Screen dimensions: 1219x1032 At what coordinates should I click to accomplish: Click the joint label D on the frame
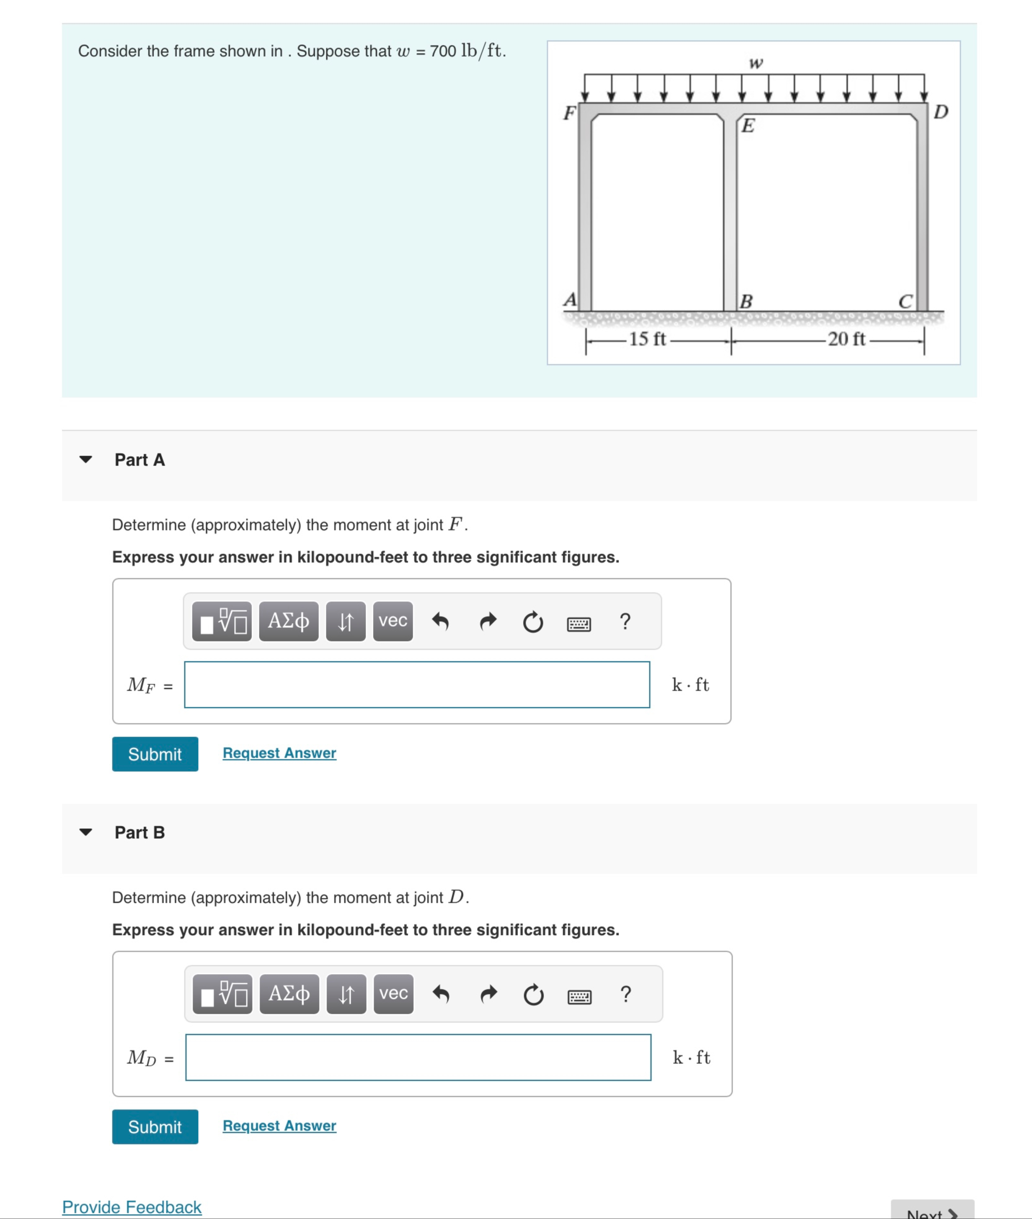(940, 112)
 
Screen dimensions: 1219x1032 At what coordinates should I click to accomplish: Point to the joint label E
(748, 125)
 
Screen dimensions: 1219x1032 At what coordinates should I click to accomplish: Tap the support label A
(569, 300)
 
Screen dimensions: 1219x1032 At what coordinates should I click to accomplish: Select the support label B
(746, 301)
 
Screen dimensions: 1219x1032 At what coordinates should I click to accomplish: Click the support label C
(905, 301)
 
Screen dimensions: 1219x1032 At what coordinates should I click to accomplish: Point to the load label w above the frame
(756, 63)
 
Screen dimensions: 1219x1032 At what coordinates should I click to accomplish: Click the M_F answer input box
(417, 685)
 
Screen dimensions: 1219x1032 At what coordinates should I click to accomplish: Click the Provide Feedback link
(132, 1207)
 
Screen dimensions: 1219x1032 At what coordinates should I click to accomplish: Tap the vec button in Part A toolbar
(392, 621)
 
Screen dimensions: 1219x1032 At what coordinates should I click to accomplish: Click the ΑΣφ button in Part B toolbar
(289, 994)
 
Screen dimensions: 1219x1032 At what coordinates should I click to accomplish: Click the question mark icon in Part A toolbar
(625, 621)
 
